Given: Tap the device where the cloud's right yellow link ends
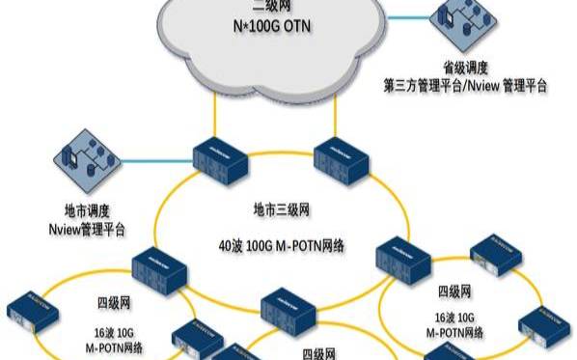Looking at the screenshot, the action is click(338, 157).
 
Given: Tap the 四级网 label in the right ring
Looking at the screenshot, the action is click(454, 291).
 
